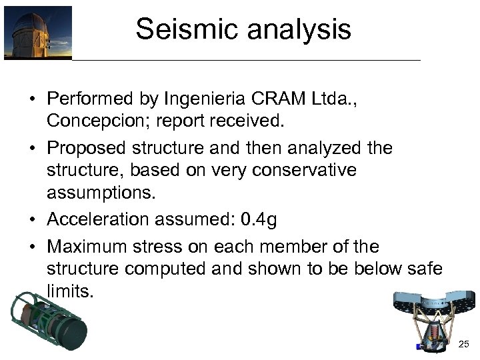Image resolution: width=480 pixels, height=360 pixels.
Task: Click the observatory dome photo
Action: tap(37, 33)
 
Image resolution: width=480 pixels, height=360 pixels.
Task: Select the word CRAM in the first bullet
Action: tap(275, 100)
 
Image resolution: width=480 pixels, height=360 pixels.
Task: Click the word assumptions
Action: tap(99, 194)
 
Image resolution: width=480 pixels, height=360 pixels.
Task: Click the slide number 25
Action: tap(464, 344)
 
